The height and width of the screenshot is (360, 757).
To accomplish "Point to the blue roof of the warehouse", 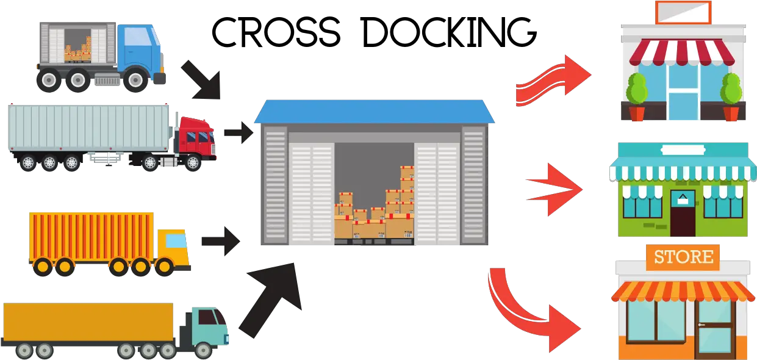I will point(375,112).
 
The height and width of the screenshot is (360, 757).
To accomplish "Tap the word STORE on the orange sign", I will point(683,257).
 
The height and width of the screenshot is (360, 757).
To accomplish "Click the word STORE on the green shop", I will point(683,149).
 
